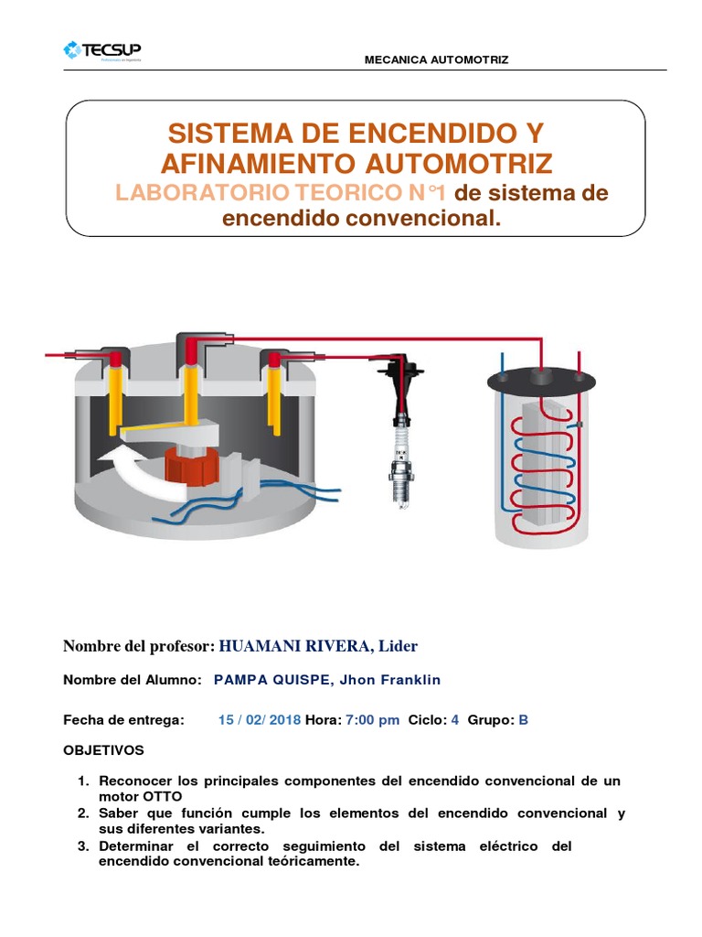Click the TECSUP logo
tap(102, 51)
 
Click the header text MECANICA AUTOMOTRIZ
tap(436, 59)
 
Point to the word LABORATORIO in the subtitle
tap(202, 192)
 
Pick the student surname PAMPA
tap(240, 680)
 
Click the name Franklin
tap(410, 680)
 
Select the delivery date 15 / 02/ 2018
tap(260, 720)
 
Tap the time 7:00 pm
tap(373, 720)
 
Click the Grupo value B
tap(524, 720)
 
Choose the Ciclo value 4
tap(455, 720)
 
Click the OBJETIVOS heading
tap(104, 750)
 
